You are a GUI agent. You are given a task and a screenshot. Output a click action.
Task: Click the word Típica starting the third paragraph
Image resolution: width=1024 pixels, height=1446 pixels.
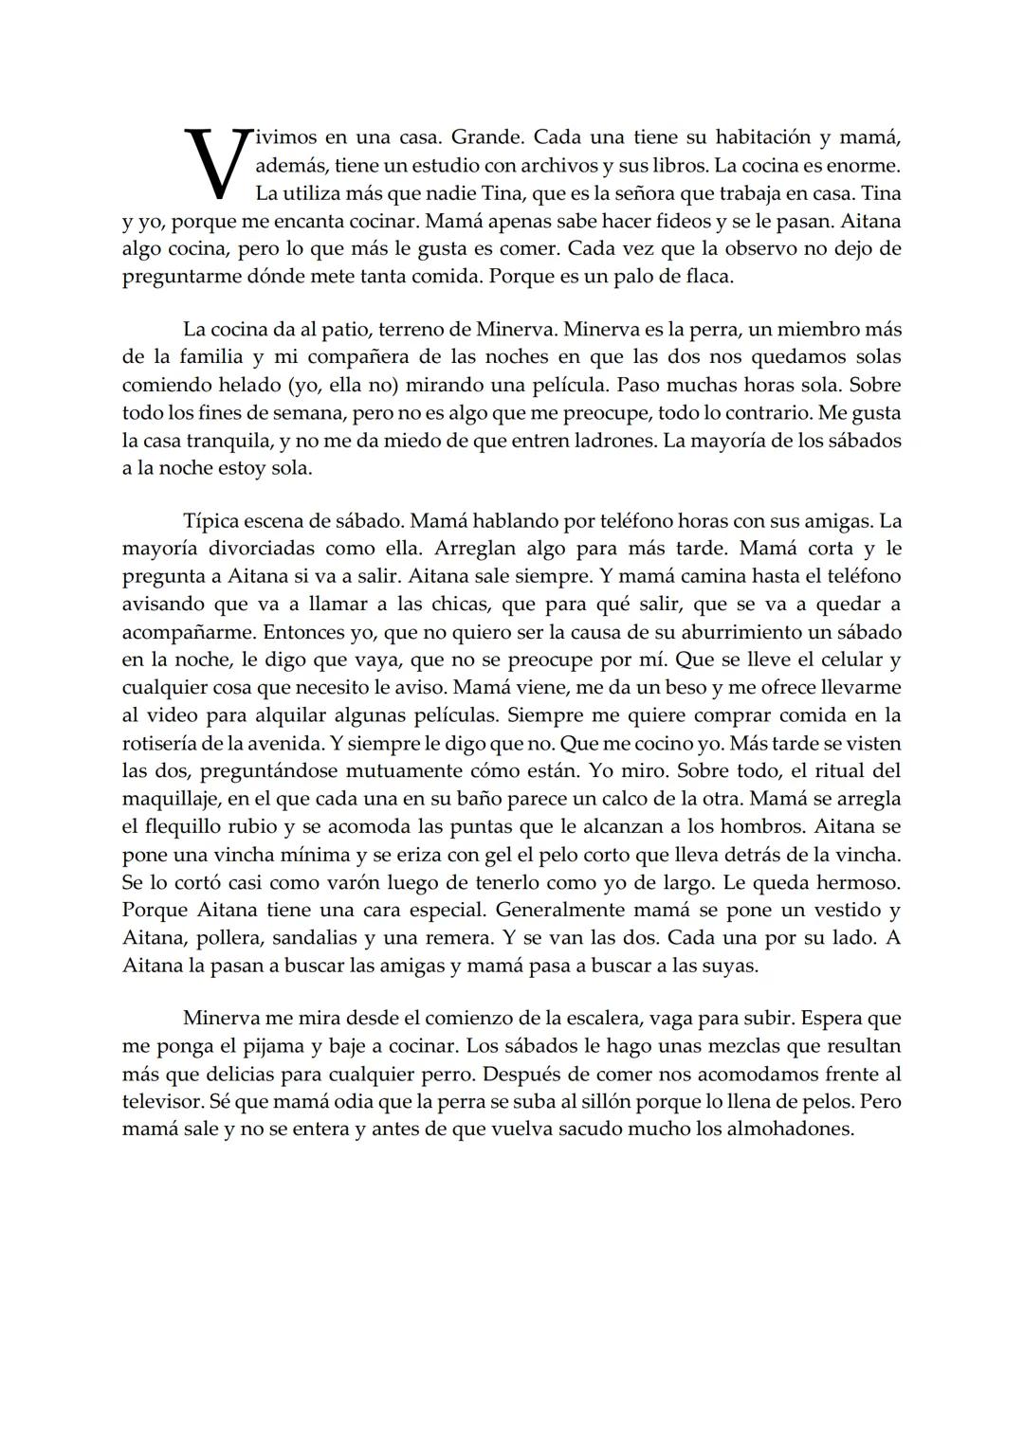click(x=212, y=521)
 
